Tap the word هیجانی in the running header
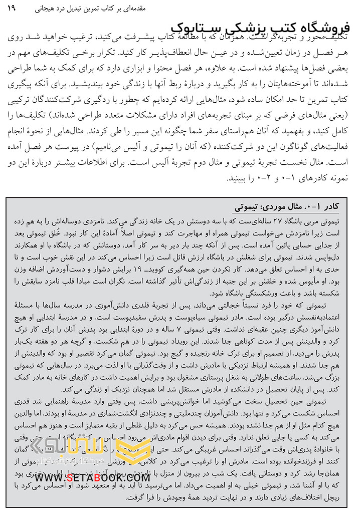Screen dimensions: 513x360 click(246, 9)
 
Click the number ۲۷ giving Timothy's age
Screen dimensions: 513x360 click(281, 221)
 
